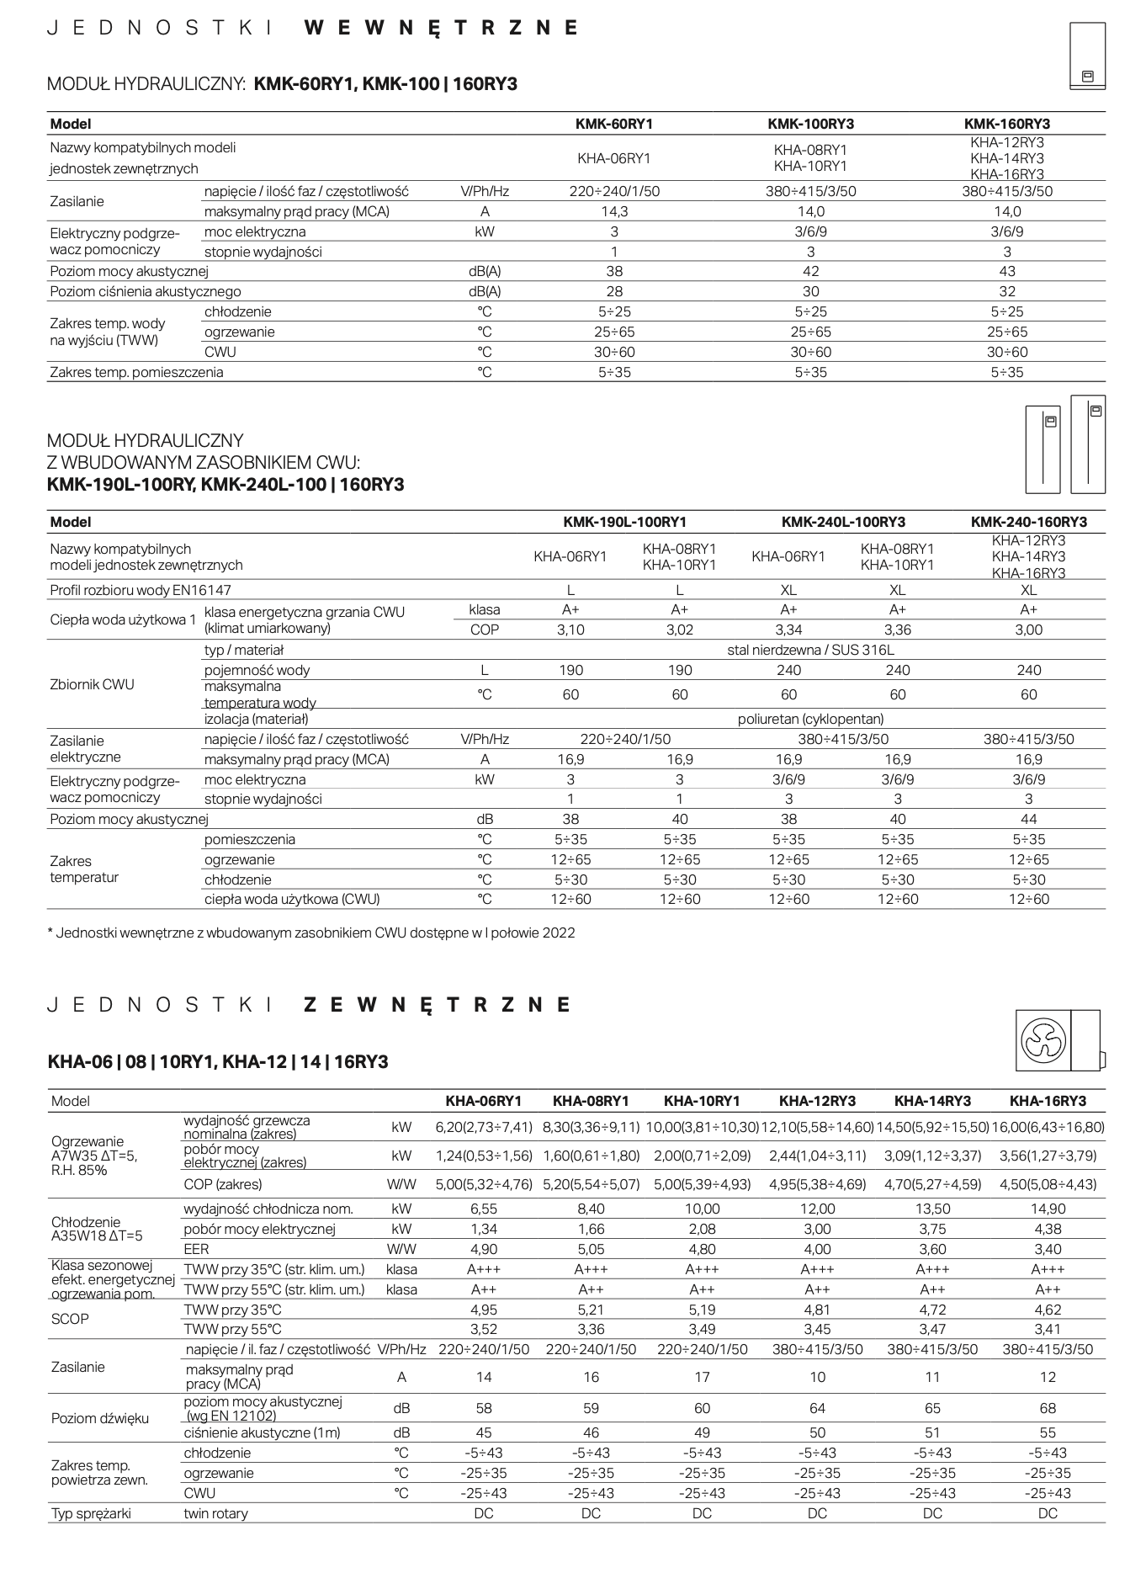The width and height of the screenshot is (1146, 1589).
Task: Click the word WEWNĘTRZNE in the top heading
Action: [x=441, y=28]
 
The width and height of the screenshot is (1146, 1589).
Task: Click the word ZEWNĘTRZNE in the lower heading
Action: [x=437, y=1004]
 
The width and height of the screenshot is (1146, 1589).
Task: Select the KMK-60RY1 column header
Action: [x=614, y=124]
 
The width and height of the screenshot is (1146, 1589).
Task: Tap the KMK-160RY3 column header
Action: [x=1006, y=124]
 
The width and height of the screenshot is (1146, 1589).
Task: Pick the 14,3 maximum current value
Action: [x=614, y=211]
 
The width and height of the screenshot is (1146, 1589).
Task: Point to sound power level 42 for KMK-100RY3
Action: [x=810, y=271]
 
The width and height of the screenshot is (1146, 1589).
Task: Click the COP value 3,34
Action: [x=788, y=630]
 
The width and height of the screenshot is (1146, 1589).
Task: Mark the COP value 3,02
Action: [x=679, y=630]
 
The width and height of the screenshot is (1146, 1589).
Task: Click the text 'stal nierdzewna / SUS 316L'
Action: [x=810, y=650]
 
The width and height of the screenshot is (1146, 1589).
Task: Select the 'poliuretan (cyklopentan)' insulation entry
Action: [x=810, y=719]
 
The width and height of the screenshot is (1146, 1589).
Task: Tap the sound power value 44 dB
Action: [x=1028, y=819]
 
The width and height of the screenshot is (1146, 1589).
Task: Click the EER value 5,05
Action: [x=591, y=1249]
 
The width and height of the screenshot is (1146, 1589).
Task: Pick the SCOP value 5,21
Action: [x=591, y=1310]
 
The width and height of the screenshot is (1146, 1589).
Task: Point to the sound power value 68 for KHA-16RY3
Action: [x=1048, y=1408]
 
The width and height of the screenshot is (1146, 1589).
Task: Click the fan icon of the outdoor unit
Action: [x=1043, y=1041]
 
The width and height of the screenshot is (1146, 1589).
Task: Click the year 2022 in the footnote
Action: [x=559, y=933]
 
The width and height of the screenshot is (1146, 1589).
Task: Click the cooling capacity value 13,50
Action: [x=932, y=1209]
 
